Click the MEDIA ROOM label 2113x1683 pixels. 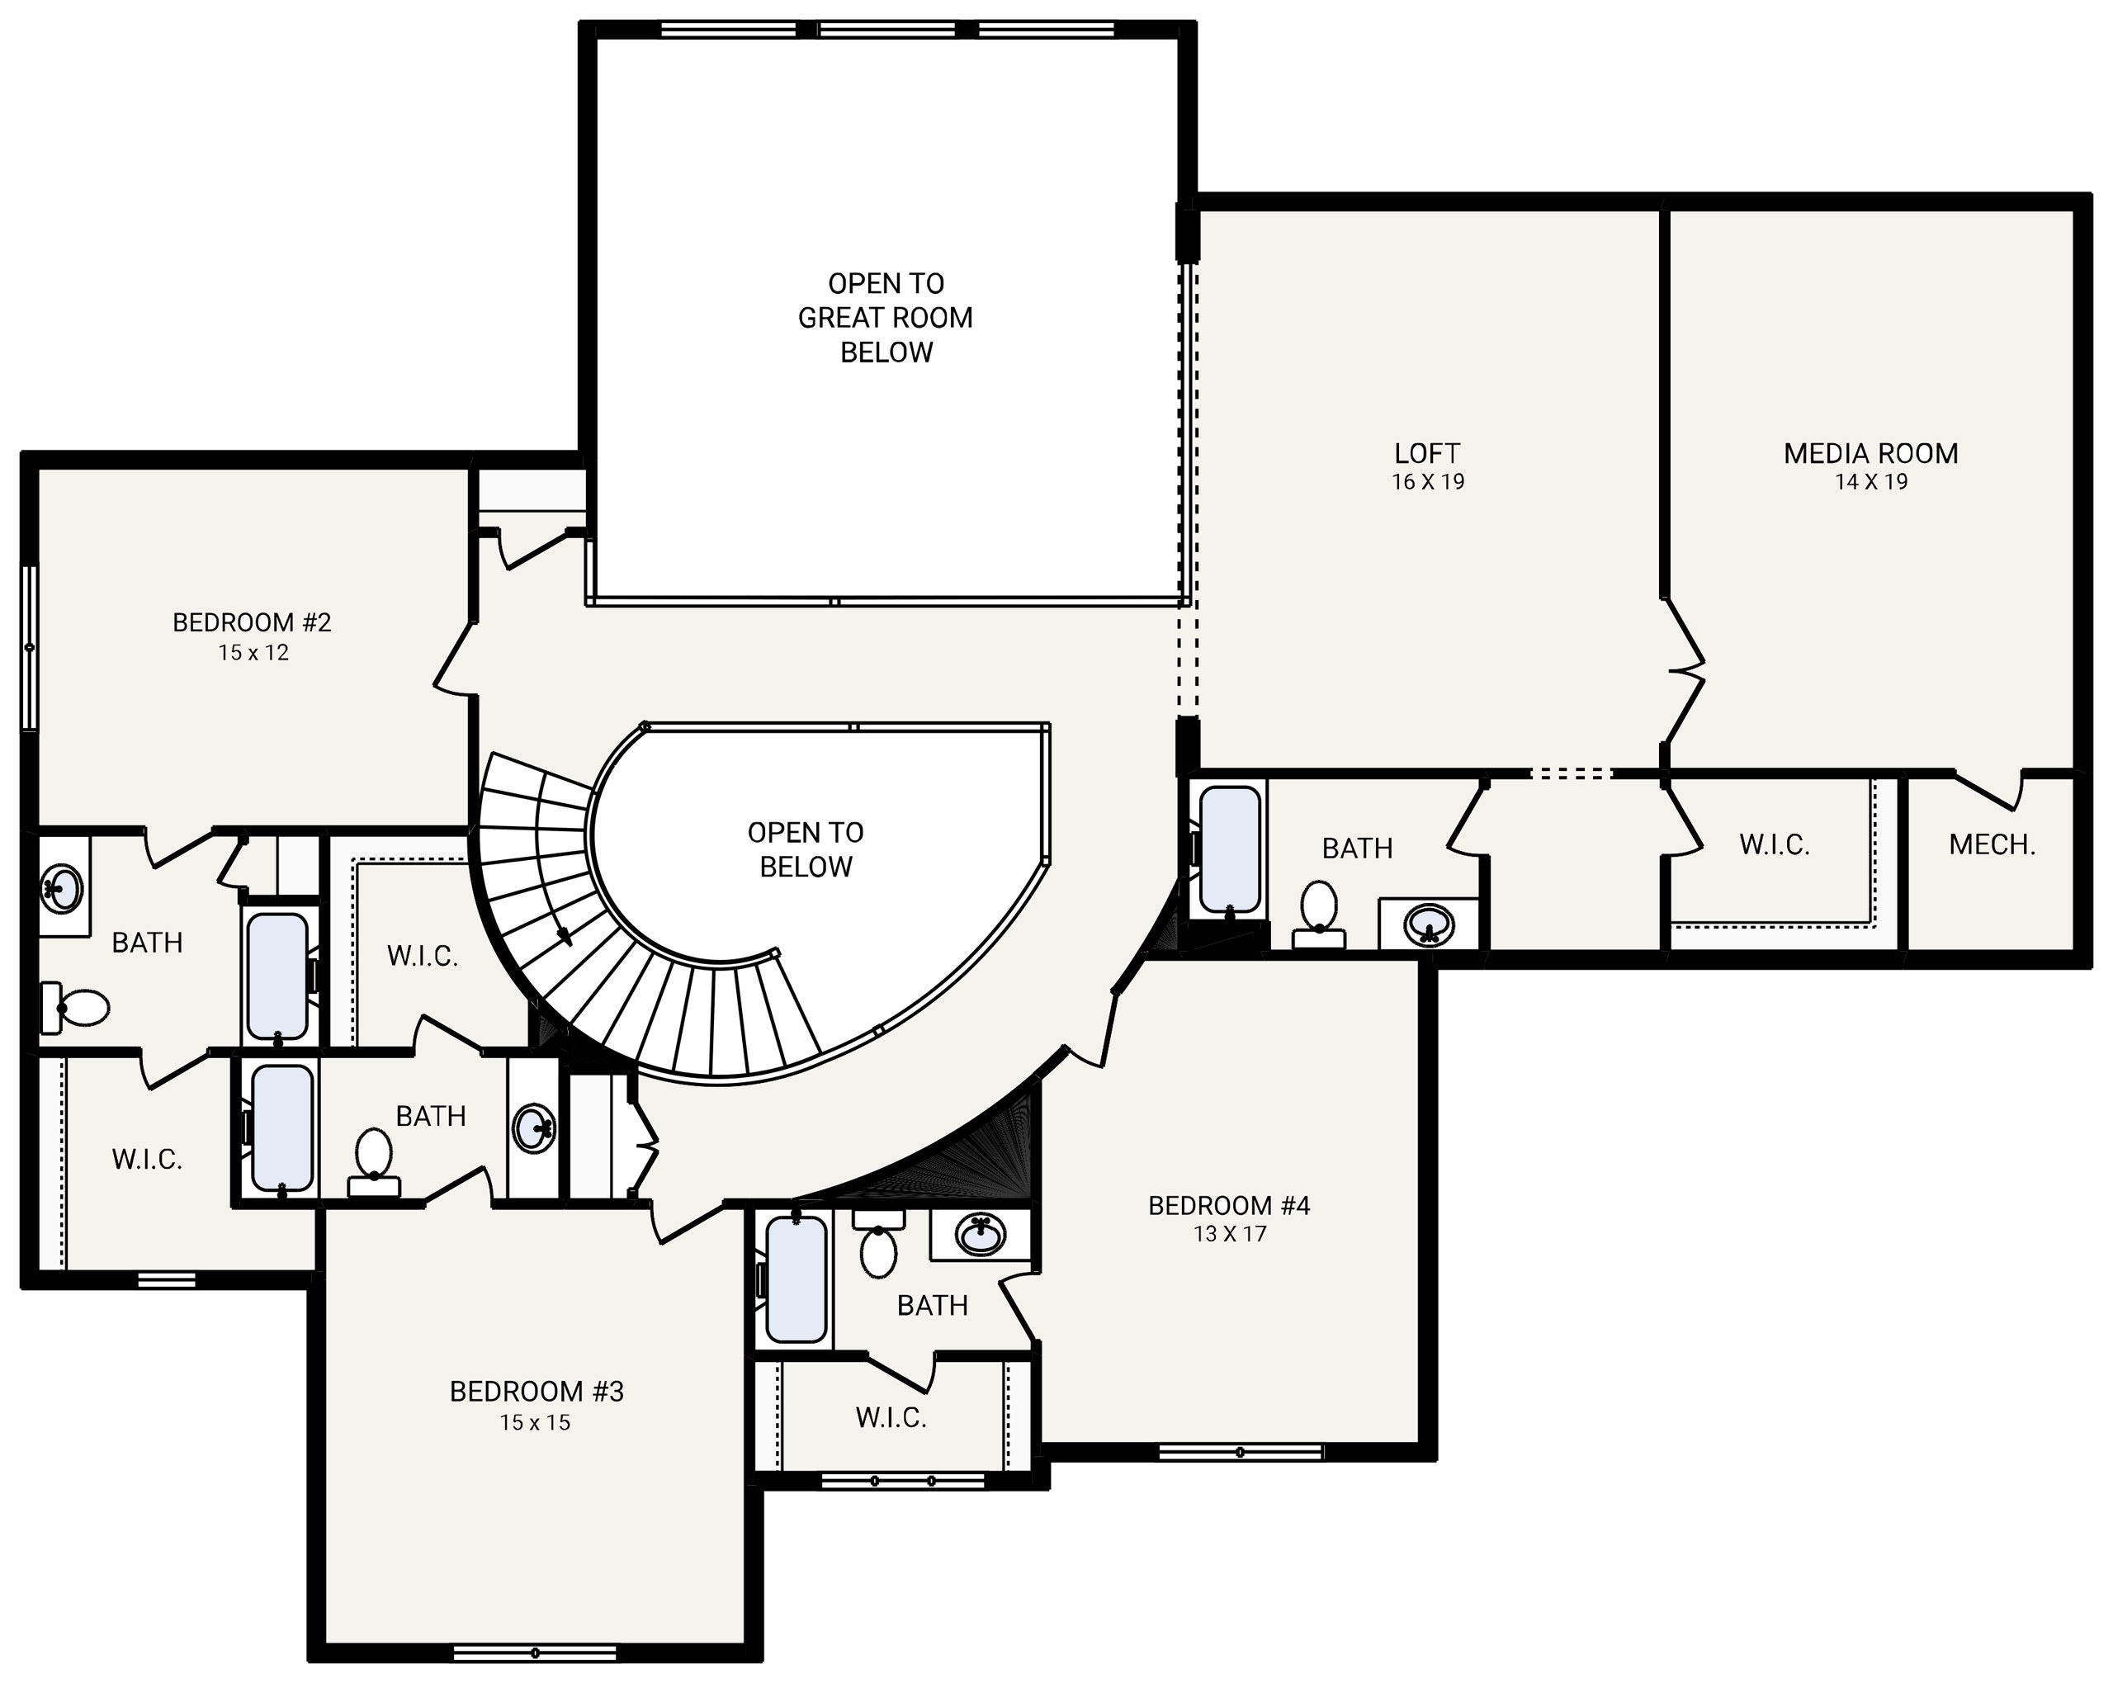pyautogui.click(x=1870, y=453)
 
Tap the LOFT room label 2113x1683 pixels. pyautogui.click(x=1427, y=453)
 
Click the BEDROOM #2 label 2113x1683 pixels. pyautogui.click(x=252, y=622)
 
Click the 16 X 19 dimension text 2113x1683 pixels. pyautogui.click(x=1428, y=481)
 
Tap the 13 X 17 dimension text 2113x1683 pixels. pyautogui.click(x=1230, y=1233)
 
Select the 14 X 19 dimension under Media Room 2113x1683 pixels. pyautogui.click(x=1871, y=481)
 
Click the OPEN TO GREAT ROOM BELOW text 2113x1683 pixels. pyautogui.click(x=885, y=318)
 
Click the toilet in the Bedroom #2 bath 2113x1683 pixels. pyautogui.click(x=74, y=1008)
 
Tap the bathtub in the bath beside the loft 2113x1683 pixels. pyautogui.click(x=1230, y=849)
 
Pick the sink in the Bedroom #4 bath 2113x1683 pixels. pyautogui.click(x=980, y=1234)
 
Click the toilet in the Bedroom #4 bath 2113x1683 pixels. pyautogui.click(x=877, y=1244)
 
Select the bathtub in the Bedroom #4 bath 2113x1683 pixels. pyautogui.click(x=797, y=1279)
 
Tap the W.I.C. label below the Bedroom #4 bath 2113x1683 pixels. pyautogui.click(x=891, y=1417)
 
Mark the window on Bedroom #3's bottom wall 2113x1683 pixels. pyautogui.click(x=535, y=1653)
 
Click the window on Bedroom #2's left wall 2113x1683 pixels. pyautogui.click(x=30, y=647)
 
